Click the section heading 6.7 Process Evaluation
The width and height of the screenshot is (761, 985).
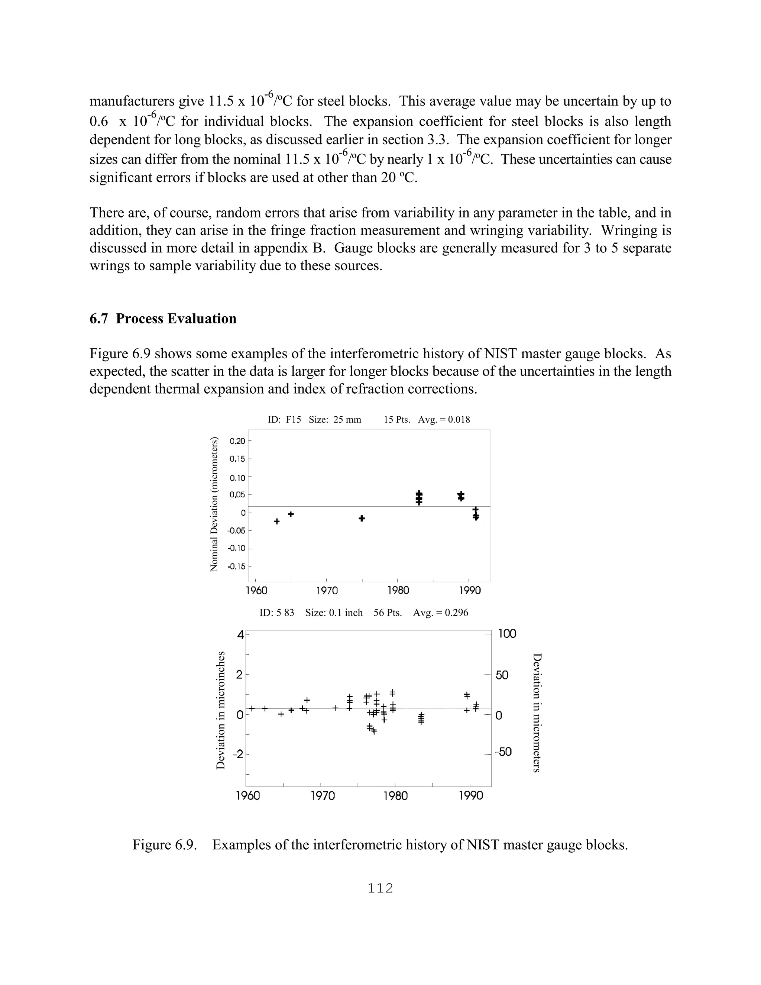163,319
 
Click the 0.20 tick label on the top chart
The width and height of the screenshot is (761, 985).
237,441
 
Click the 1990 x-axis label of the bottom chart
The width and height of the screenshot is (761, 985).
471,795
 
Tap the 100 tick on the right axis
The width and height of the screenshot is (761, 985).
507,634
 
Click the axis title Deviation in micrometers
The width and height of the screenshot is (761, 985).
537,713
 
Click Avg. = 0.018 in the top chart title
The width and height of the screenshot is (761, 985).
444,420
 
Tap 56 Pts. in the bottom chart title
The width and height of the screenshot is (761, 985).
387,613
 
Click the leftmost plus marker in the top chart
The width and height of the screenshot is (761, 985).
277,521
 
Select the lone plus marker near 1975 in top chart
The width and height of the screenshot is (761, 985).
362,519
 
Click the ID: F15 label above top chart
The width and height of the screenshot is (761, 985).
284,420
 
